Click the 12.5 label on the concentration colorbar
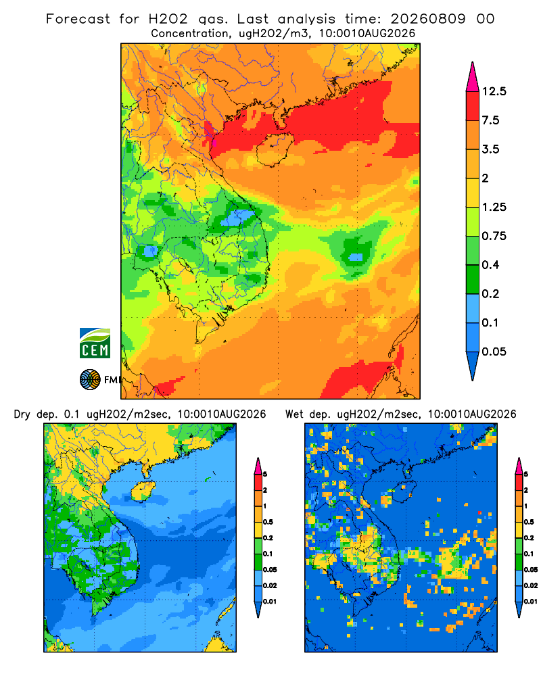pyautogui.click(x=494, y=91)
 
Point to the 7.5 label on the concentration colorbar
pyautogui.click(x=490, y=120)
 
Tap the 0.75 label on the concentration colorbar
pyautogui.click(x=494, y=236)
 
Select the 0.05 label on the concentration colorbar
pyautogui.click(x=494, y=352)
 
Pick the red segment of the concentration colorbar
pyautogui.click(x=473, y=106)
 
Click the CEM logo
pyautogui.click(x=95, y=343)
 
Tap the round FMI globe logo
pyautogui.click(x=90, y=380)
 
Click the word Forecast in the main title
pyautogui.click(x=78, y=19)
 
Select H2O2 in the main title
pyautogui.click(x=168, y=19)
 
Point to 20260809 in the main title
pyautogui.click(x=428, y=19)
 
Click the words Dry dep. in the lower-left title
pyautogui.click(x=36, y=414)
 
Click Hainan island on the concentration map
pyautogui.click(x=275, y=149)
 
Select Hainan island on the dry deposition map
pyautogui.click(x=143, y=491)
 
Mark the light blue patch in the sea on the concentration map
pyautogui.click(x=356, y=258)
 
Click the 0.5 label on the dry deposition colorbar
pyautogui.click(x=268, y=522)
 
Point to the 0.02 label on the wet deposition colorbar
pyautogui.click(x=531, y=585)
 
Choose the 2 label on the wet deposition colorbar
pyautogui.click(x=526, y=490)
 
